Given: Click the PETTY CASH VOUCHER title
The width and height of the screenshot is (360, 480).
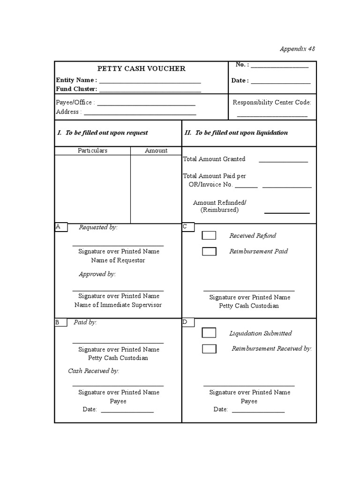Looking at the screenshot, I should pos(141,68).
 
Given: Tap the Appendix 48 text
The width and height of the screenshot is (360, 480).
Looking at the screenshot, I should pos(300,49).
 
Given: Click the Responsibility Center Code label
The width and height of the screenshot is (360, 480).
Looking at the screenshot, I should pos(272,102).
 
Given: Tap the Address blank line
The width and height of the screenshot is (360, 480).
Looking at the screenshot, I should pos(140,114).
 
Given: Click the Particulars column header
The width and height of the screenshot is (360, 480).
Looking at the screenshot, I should pos(92,150).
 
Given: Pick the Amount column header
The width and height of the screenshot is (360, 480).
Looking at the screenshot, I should pos(156,150).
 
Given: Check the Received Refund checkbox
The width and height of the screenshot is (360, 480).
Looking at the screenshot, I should pos(209,235).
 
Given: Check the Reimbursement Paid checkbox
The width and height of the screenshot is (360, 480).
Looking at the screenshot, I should pos(209,251).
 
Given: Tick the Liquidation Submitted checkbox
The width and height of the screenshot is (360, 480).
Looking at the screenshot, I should pos(209,333).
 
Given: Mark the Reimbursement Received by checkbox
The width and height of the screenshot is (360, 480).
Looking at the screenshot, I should pos(209,349).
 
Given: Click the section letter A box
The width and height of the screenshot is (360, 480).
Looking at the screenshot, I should pos(61,227).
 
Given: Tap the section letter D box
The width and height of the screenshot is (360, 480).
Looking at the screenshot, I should pos(188,322).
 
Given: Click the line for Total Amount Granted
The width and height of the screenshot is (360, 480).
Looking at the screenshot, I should pos(283,162).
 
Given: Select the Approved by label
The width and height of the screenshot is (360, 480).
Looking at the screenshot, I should pos(97,274).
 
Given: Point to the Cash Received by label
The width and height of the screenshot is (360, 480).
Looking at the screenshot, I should pos(93,371).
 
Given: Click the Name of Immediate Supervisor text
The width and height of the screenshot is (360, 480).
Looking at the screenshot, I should pos(118,305).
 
